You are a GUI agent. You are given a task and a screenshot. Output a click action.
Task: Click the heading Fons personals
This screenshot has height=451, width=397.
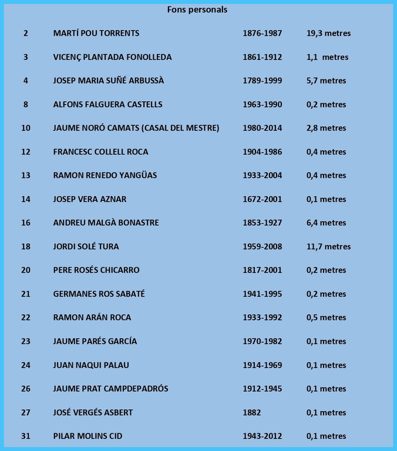pyautogui.click(x=197, y=10)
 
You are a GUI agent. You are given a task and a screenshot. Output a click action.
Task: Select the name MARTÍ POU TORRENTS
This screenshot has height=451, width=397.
pyautogui.click(x=96, y=33)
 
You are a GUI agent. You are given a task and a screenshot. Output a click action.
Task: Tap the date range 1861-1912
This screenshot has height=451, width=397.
pyautogui.click(x=262, y=57)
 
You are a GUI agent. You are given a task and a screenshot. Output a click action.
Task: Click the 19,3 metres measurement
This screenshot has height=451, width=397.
pyautogui.click(x=328, y=33)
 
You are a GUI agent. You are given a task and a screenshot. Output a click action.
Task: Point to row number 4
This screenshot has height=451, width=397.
pyautogui.click(x=26, y=80)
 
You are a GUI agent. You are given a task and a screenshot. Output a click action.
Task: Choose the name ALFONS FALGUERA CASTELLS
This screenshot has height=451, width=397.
pyautogui.click(x=107, y=105)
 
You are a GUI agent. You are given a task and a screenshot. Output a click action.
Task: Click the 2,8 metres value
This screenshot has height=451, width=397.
pyautogui.click(x=326, y=128)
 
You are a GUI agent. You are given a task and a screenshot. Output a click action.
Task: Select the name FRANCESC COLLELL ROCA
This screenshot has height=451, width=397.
pyautogui.click(x=100, y=152)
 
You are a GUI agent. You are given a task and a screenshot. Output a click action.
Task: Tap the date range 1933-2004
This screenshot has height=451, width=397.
pyautogui.click(x=262, y=175)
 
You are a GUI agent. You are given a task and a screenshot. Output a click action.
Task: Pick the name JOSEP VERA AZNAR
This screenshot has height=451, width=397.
pyautogui.click(x=89, y=199)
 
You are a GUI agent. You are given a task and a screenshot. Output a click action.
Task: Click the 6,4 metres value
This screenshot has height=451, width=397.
pyautogui.click(x=326, y=223)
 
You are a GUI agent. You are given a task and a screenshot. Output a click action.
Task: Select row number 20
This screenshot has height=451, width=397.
pyautogui.click(x=26, y=270)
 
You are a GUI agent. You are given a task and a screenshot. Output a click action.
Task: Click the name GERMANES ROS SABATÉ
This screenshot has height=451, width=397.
pyautogui.click(x=99, y=294)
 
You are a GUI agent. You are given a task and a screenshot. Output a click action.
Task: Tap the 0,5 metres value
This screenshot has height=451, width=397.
pyautogui.click(x=326, y=318)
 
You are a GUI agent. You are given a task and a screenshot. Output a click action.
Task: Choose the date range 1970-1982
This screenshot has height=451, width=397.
pyautogui.click(x=262, y=341)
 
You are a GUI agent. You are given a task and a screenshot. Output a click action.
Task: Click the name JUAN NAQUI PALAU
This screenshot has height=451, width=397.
pyautogui.click(x=91, y=365)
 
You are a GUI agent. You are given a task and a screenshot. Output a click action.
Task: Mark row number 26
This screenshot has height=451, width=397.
pyautogui.click(x=26, y=389)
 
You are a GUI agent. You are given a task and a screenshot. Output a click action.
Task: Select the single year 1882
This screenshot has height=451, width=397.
pyautogui.click(x=253, y=412)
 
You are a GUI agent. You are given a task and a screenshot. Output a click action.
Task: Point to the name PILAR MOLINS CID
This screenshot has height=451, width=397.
pyautogui.click(x=88, y=436)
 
